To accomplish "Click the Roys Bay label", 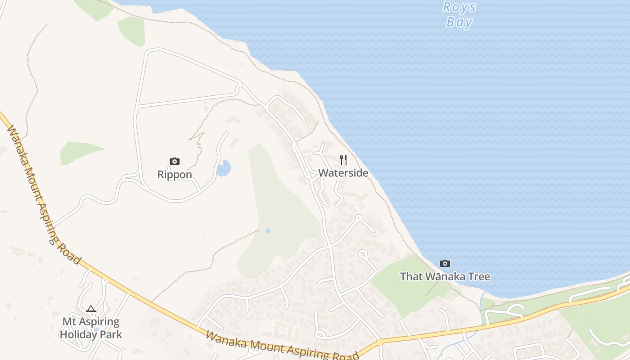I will pos(459,14).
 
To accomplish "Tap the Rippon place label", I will pos(175,175).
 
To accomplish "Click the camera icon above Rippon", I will pos(175,161).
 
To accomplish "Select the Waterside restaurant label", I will pos(343,173).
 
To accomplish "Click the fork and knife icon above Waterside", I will pos(343,159).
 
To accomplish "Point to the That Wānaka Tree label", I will pos(445,276).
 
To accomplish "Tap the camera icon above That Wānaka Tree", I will pos(445,263).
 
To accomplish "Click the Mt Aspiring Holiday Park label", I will pos(91,328).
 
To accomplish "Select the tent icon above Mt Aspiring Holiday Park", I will pos(91,309).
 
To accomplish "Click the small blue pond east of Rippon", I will pos(224,168).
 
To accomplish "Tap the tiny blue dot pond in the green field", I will pos(268,231).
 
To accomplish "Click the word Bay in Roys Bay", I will pos(459,22).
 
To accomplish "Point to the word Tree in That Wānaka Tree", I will pos(478,276).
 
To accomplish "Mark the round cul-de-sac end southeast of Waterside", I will pos(359,218).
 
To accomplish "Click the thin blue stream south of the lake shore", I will pos(482,306).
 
